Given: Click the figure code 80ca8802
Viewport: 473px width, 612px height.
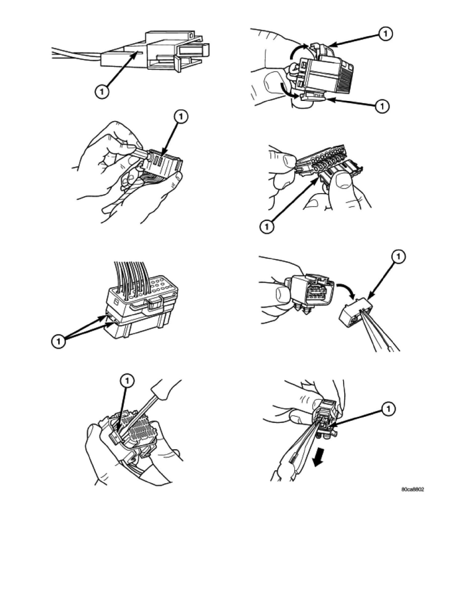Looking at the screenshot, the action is [413, 489].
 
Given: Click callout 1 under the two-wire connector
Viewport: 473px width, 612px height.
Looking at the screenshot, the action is [102, 92].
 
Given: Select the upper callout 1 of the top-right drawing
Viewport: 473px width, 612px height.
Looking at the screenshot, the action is [385, 34].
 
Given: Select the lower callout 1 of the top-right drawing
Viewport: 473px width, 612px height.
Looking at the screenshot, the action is [382, 106].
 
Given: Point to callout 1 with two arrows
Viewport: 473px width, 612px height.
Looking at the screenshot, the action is [58, 342].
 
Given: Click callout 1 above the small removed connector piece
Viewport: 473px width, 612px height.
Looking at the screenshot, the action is [398, 257].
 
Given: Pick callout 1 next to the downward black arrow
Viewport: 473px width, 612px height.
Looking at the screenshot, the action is [388, 409].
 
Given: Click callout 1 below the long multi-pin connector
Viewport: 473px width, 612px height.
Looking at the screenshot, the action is [266, 227].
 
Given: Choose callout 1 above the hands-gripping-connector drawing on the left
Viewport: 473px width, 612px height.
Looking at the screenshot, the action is [181, 116].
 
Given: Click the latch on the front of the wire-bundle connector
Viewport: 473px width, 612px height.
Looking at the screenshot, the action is [155, 303].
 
